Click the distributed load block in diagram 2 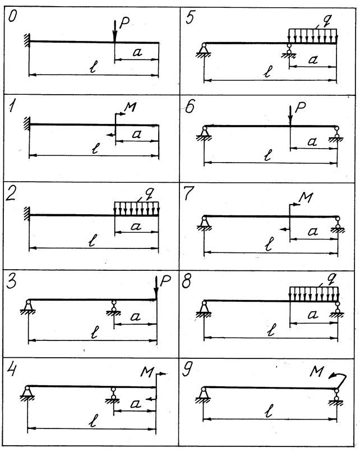[136, 208]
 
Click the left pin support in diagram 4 [27, 392]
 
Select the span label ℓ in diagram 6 [268, 156]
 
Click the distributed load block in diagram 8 [313, 293]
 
